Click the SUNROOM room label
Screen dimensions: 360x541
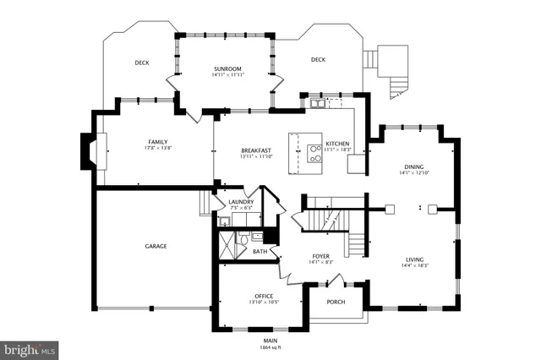point(227,68)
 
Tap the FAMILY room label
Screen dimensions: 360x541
point(157,142)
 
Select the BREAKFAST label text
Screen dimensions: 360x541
point(256,150)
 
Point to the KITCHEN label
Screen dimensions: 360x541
point(337,144)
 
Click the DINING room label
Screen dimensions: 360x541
point(414,167)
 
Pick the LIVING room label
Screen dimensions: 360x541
point(414,259)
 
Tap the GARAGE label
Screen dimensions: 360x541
point(155,246)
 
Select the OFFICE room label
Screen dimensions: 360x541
point(264,296)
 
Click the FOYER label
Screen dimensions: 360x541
point(322,256)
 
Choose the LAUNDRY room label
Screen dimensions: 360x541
point(241,202)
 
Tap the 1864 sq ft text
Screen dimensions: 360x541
point(270,347)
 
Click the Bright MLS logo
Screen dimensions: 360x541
point(30,348)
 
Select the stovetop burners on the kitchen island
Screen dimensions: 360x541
point(314,152)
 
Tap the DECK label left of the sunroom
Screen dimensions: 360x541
point(142,63)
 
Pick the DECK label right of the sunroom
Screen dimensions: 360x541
point(318,59)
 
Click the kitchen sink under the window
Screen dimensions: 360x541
point(317,104)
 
